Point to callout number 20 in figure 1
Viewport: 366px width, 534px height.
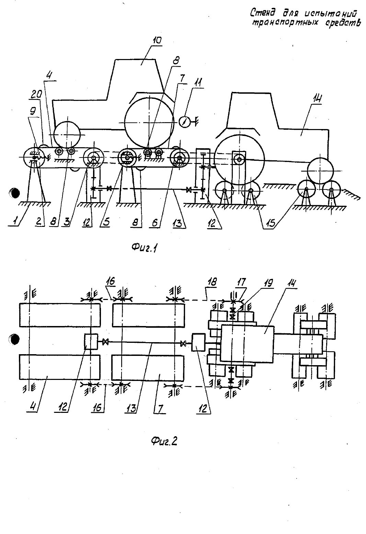[x=36, y=95]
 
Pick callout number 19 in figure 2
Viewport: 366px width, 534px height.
[x=269, y=283]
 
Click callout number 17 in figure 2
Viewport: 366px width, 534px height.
[x=241, y=282]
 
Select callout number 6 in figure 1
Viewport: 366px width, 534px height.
[x=155, y=223]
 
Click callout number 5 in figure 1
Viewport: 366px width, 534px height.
[x=106, y=222]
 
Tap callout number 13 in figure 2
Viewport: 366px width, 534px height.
[x=131, y=408]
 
